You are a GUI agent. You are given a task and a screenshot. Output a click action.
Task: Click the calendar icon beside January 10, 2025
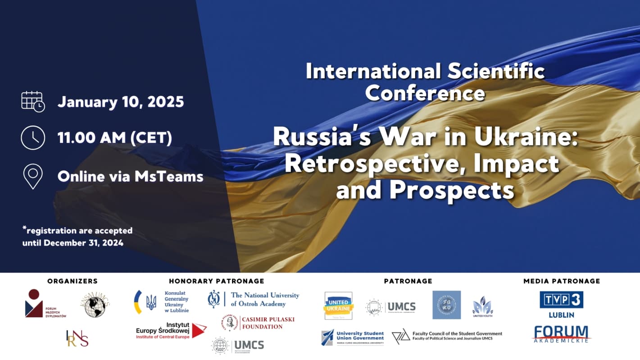click(x=33, y=101)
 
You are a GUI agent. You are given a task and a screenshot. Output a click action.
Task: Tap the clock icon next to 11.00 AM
click(x=33, y=137)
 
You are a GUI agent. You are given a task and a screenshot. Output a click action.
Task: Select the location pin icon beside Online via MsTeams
click(x=33, y=176)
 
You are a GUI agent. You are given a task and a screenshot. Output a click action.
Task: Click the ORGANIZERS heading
click(x=72, y=281)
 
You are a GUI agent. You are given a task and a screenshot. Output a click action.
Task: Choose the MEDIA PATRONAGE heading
click(x=562, y=281)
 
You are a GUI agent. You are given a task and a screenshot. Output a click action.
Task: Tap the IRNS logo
click(x=77, y=338)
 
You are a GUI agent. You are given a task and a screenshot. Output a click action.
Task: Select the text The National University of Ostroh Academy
click(x=265, y=299)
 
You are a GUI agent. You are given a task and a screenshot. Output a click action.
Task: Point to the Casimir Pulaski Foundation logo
click(x=258, y=323)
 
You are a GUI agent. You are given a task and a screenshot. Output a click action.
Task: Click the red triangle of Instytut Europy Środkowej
click(x=199, y=330)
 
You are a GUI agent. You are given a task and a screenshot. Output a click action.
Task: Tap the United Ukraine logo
click(x=339, y=305)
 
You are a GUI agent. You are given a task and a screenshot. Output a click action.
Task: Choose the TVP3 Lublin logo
click(x=561, y=304)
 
